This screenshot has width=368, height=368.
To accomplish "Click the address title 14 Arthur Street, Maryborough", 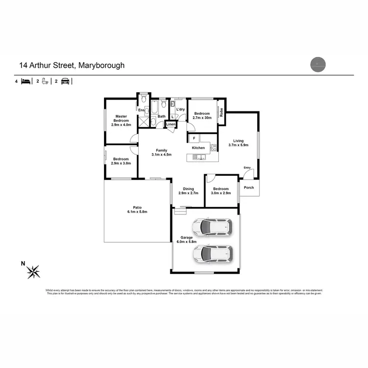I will (x=72, y=65).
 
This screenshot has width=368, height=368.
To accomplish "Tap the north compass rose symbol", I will (x=34, y=271).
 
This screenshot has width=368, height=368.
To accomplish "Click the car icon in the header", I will (x=65, y=81).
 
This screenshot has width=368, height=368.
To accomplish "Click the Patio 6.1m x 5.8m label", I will (x=137, y=210).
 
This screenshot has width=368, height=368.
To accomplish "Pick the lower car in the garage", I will (x=212, y=253).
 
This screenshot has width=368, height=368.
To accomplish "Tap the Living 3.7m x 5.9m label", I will (x=239, y=142).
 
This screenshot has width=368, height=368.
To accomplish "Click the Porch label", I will (x=249, y=187).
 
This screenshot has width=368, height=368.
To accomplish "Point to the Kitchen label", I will (x=198, y=148).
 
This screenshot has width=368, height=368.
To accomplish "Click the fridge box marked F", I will (x=194, y=138).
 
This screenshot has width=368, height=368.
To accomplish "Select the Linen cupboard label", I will (x=171, y=125).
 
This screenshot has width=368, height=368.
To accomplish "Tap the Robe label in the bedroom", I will (x=221, y=112).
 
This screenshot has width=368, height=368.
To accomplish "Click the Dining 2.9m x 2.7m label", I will (x=188, y=191).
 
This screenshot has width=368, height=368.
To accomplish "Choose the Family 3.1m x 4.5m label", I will (x=161, y=153).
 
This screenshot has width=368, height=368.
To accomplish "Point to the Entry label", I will (x=247, y=168).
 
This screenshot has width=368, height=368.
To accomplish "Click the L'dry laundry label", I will (x=180, y=109).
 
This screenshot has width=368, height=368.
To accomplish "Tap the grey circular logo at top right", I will (x=318, y=64).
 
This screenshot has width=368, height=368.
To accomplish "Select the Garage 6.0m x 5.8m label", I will (x=186, y=240).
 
